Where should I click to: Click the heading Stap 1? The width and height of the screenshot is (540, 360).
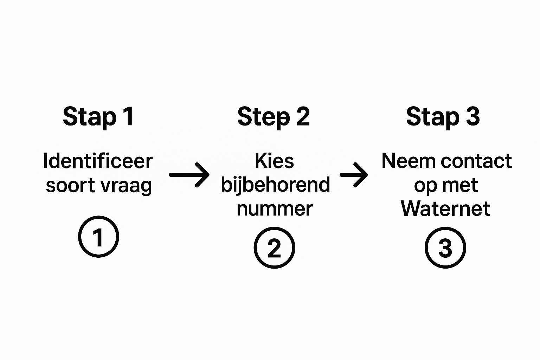pos(98,117)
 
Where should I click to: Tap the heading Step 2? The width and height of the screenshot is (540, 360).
pos(274,117)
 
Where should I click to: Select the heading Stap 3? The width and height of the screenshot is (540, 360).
pos(443,117)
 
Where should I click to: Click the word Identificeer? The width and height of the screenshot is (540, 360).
pos(98,161)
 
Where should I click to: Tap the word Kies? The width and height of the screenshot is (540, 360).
pos(274,161)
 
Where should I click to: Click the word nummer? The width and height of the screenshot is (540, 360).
pos(275,209)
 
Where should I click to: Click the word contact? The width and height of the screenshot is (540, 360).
pos(476,161)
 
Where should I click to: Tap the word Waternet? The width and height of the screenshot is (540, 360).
pos(445,208)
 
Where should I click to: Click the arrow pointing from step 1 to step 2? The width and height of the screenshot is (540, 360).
pos(189,175)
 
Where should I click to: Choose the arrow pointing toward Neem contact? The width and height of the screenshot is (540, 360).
pos(354,175)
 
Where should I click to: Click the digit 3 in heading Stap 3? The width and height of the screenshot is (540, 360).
pos(473,116)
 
